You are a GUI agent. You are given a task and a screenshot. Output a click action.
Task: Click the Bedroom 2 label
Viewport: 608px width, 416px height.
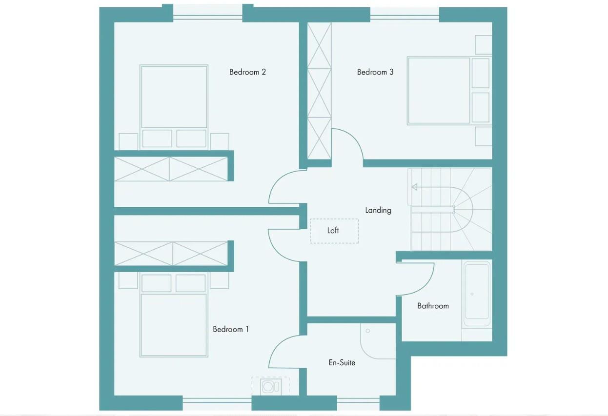(247, 72)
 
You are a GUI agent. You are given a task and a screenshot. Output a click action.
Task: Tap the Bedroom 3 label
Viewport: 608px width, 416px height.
(375, 72)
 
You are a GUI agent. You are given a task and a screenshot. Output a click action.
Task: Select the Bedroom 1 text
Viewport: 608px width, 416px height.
(230, 329)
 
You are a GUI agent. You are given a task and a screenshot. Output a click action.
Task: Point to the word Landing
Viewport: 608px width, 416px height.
(378, 210)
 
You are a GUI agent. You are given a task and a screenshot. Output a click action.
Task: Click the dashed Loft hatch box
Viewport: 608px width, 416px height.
(334, 231)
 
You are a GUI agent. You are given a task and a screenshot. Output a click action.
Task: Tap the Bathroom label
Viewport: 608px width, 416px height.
(433, 306)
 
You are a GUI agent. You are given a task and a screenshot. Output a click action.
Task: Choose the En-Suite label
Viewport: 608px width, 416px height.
(342, 363)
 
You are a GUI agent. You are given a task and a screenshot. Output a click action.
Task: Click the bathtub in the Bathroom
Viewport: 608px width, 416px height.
(476, 294)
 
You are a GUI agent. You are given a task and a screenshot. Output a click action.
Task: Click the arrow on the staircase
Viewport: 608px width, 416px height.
(415, 187)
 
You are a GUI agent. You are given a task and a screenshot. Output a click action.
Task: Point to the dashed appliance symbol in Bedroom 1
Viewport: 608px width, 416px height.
(270, 386)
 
